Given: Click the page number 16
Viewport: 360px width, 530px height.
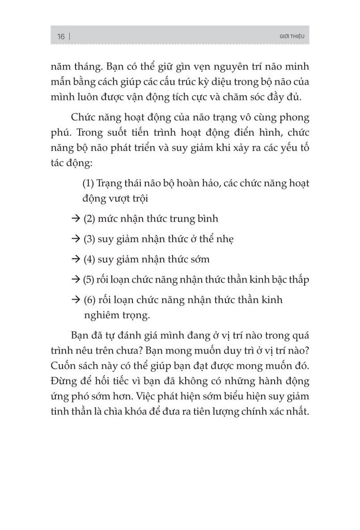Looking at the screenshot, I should (x=61, y=36).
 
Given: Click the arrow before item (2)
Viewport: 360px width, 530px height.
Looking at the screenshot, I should (x=75, y=219).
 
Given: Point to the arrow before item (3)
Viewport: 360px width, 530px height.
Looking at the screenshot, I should (x=75, y=239).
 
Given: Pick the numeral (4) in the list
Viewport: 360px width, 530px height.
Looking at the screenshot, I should (x=89, y=259).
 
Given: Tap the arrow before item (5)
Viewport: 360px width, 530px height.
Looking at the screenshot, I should (x=75, y=279).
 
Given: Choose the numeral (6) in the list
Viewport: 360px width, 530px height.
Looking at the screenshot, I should (x=89, y=300).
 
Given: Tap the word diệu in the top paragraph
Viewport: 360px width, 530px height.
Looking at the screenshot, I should (x=205, y=82).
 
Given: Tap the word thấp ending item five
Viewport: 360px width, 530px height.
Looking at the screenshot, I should (x=297, y=279).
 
